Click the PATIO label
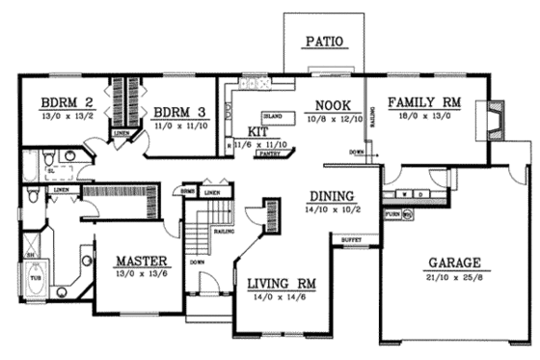coord(323,41)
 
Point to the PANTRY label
coord(270,152)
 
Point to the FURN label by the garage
coord(392,213)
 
